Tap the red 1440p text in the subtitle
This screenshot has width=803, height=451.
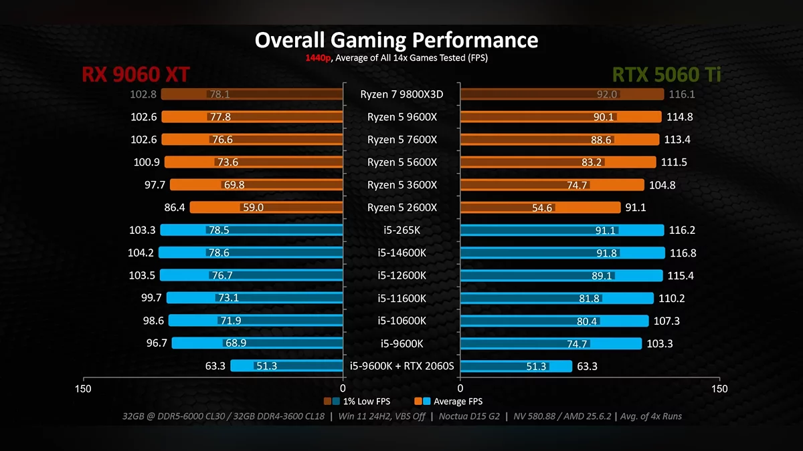(318, 57)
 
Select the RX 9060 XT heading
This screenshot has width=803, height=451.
(136, 75)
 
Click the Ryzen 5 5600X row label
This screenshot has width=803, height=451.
(401, 162)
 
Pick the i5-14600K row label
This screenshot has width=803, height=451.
(401, 253)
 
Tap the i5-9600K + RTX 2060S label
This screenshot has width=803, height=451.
(401, 365)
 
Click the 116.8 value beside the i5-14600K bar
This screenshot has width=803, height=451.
(682, 253)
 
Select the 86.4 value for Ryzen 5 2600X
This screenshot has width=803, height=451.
(175, 207)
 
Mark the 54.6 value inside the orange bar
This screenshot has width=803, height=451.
(542, 208)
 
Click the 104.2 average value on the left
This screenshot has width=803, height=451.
(141, 253)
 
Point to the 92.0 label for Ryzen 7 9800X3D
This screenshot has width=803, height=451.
(606, 94)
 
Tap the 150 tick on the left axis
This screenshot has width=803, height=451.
(83, 389)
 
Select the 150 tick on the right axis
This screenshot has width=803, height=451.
(719, 389)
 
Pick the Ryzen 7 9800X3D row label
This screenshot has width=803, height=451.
(401, 94)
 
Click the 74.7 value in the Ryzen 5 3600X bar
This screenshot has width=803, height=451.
(577, 185)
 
